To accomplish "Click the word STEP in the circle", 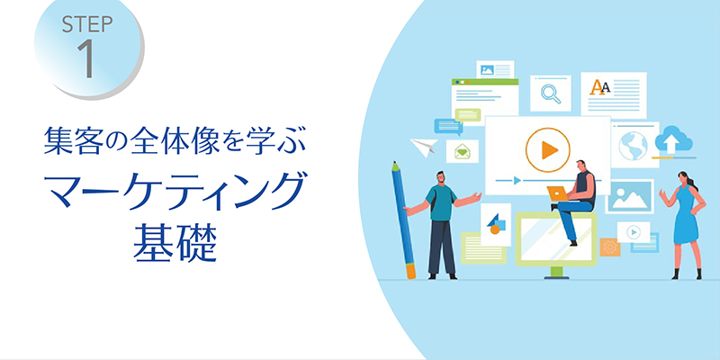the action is pos(87,25).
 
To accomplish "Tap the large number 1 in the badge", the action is pos(86,58).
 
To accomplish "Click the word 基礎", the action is pos(175,242).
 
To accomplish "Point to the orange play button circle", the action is pos(548,150).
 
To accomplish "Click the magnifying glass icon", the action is pos(551,94).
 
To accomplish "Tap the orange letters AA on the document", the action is pos(599,86).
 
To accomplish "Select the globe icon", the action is pos(633,145).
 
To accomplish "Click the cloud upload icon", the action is pos(673,139).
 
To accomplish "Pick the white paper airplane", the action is pos(424,147).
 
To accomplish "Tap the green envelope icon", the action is pos(463,151).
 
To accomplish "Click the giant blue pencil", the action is pos(403,220).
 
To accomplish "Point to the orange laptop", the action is pos(557,193).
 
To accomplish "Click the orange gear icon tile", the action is pos(610,247).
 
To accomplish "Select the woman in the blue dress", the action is pos(683,225).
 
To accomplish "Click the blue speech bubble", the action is pos(448,126).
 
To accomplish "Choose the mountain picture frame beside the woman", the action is pos(629,196).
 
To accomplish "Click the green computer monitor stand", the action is pos(556,273).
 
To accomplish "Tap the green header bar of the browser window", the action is pos(485,82).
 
